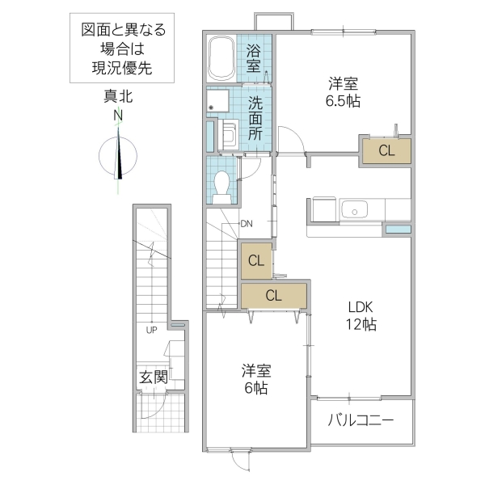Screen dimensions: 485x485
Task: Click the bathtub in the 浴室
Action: click(221, 57)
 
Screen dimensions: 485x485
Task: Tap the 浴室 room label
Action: click(254, 57)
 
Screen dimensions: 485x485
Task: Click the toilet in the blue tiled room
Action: click(224, 183)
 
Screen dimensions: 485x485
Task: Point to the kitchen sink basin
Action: click(355, 210)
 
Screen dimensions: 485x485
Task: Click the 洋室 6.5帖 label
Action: click(344, 91)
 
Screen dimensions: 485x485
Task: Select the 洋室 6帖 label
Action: click(256, 379)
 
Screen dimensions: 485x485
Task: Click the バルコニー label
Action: click(361, 420)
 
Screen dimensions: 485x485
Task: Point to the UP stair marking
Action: click(151, 330)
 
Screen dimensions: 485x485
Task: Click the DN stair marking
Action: click(247, 224)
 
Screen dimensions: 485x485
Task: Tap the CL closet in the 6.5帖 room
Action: click(386, 150)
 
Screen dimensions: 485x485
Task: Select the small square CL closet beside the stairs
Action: click(255, 260)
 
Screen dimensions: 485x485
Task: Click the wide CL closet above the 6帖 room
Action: click(273, 295)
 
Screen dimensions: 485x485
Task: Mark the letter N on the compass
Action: click(118, 116)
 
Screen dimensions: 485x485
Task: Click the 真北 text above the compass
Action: click(118, 97)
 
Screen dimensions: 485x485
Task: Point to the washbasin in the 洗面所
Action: click(226, 134)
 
